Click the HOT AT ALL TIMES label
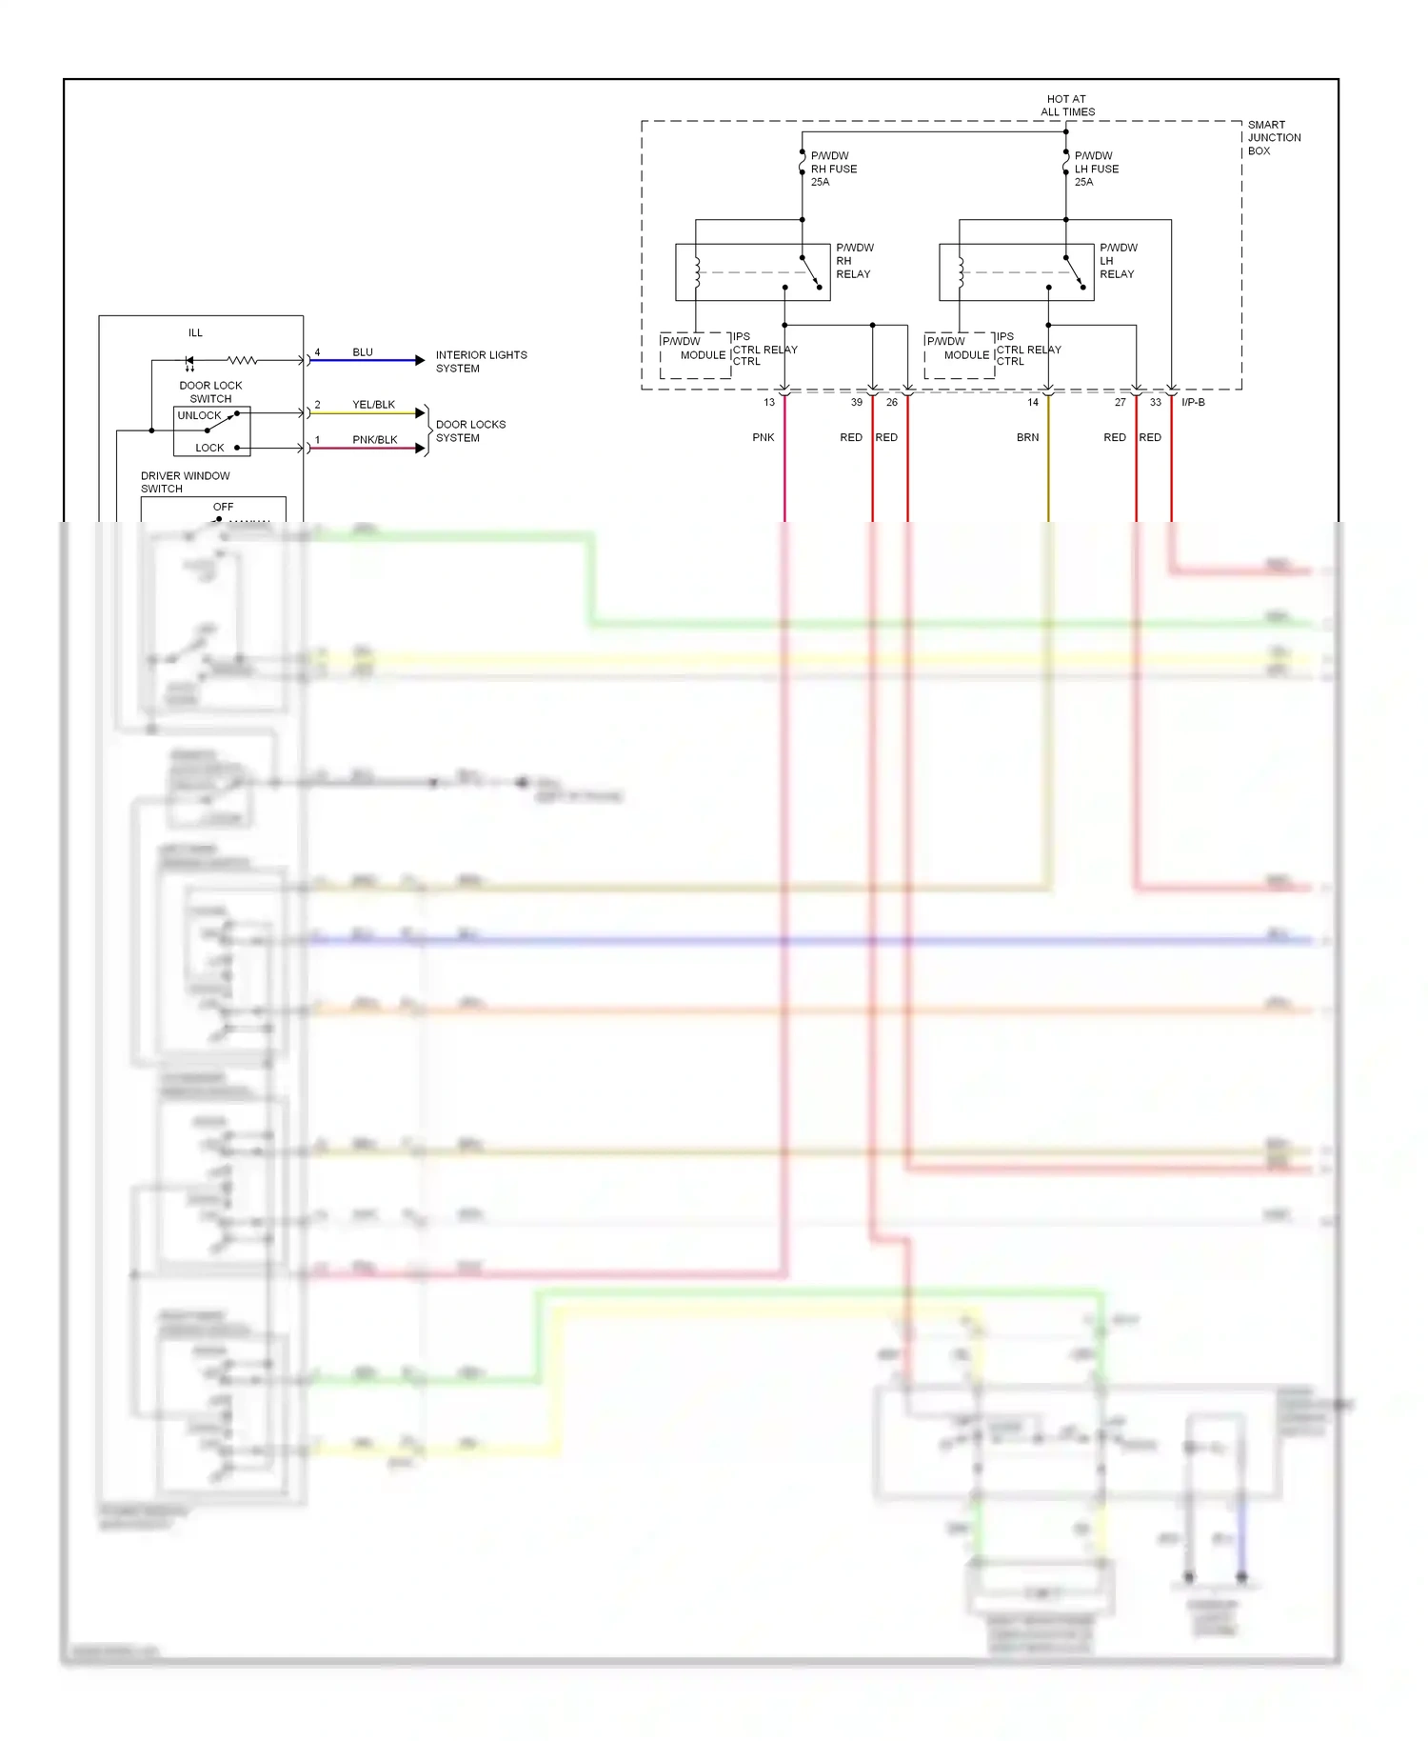(x=1067, y=105)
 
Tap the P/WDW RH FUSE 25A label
(x=833, y=169)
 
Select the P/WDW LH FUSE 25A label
(x=1097, y=169)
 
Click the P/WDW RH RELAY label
(x=854, y=260)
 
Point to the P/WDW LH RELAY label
(x=1118, y=260)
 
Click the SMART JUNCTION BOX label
(x=1274, y=137)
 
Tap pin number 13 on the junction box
(x=769, y=402)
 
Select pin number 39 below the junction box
(x=857, y=402)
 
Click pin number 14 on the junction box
(x=1033, y=402)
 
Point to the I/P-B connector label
(x=1193, y=402)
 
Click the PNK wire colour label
(x=764, y=437)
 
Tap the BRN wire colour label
(x=1027, y=437)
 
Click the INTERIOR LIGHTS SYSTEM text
(x=481, y=361)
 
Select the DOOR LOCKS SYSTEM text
(x=470, y=430)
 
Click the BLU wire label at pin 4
(x=363, y=351)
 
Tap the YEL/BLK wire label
(x=373, y=404)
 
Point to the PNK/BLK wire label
(x=374, y=439)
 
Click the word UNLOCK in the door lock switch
(x=199, y=415)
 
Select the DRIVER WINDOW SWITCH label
(x=185, y=482)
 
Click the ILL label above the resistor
(x=195, y=332)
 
